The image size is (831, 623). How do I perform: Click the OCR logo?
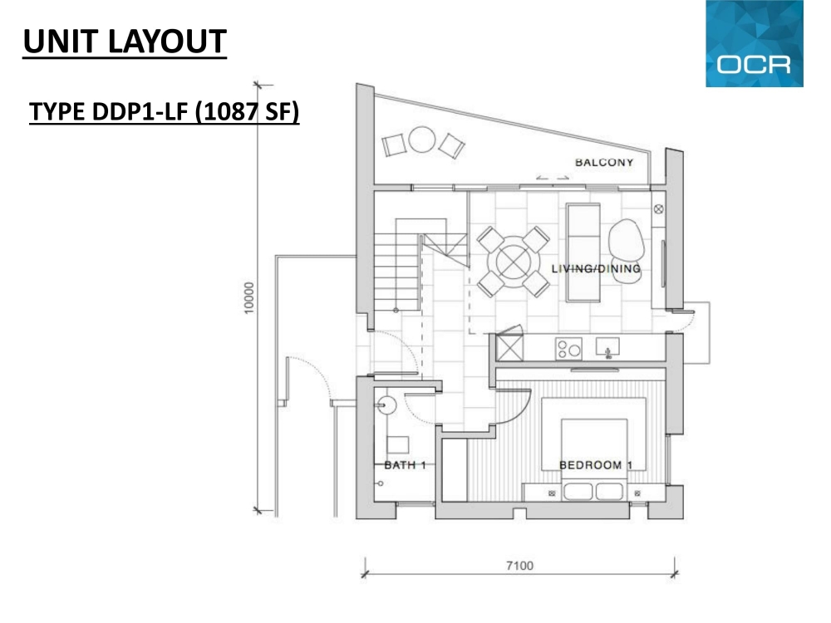[755, 43]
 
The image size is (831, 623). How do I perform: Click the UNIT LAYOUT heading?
[125, 42]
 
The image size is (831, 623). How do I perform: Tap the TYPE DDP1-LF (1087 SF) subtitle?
[165, 112]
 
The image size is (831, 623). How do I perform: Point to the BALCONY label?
[604, 163]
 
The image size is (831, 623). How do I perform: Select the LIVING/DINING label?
[596, 268]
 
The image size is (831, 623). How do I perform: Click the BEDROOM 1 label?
[596, 465]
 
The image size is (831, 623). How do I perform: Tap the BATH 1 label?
[405, 465]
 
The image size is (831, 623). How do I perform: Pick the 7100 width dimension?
[519, 566]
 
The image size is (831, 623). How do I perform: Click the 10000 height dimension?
[249, 297]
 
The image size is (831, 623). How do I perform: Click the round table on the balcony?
[422, 140]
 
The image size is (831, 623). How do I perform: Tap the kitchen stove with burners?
[568, 349]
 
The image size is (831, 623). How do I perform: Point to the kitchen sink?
[608, 347]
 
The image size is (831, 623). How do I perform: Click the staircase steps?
[397, 265]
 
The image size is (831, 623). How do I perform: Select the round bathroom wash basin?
[387, 406]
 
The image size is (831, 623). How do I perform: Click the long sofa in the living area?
[583, 253]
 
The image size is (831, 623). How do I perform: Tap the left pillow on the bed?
[578, 491]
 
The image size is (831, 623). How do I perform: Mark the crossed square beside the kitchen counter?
[510, 348]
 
